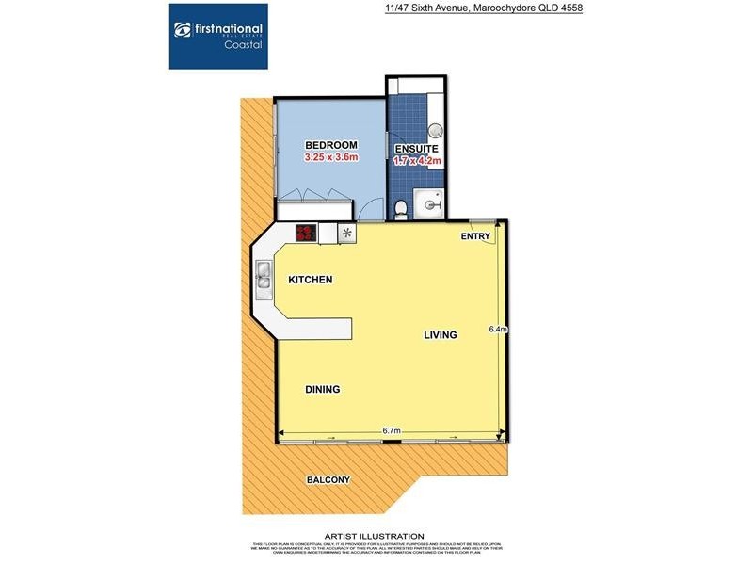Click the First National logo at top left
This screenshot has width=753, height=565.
click(x=217, y=36)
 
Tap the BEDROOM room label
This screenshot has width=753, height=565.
click(x=331, y=144)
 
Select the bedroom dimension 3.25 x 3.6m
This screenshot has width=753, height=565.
click(x=331, y=158)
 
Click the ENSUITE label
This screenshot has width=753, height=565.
click(x=416, y=148)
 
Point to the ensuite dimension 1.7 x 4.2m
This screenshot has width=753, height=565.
click(x=416, y=161)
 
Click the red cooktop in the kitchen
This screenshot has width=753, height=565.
click(x=306, y=233)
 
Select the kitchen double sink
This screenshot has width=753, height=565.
click(x=263, y=276)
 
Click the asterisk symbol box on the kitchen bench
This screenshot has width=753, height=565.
click(x=346, y=233)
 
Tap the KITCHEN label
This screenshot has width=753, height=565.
click(x=312, y=280)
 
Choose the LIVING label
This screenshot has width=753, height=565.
click(x=440, y=335)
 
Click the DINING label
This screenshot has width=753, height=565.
click(x=322, y=389)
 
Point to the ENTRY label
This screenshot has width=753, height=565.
click(x=474, y=236)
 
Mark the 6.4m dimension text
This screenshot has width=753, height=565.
click(x=498, y=330)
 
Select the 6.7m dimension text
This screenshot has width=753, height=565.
click(x=393, y=431)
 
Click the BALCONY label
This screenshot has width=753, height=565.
click(x=328, y=480)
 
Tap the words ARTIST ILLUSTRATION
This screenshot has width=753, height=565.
click(x=374, y=536)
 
